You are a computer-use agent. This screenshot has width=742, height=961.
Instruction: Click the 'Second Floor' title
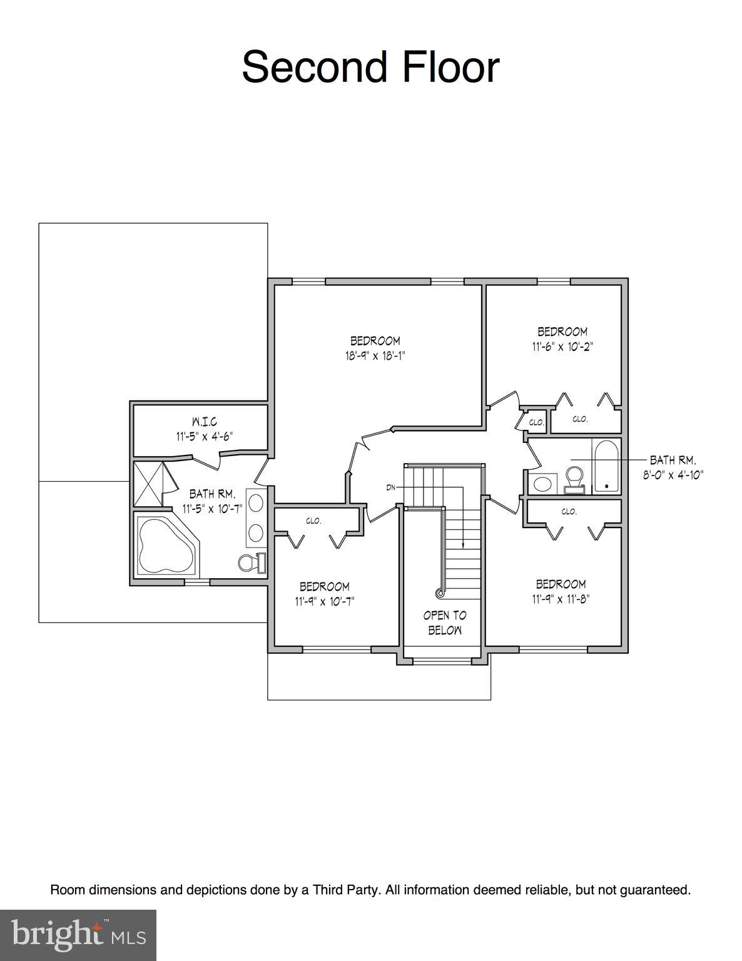370,67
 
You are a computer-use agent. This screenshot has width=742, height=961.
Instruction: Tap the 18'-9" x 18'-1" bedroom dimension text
375,356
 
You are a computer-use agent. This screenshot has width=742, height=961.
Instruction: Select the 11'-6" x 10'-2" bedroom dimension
562,347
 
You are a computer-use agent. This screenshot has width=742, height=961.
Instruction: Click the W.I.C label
205,422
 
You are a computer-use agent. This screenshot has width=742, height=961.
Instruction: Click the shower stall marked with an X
151,484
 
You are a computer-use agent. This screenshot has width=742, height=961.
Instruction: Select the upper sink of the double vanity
256,502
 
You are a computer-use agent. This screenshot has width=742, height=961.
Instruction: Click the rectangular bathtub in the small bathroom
606,467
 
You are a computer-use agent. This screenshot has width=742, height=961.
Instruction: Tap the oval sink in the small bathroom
543,484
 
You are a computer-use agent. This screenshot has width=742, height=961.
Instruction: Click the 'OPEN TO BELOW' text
445,623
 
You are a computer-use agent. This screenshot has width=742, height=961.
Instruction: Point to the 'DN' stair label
391,487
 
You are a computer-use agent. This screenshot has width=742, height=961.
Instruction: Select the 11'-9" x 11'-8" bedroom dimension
561,599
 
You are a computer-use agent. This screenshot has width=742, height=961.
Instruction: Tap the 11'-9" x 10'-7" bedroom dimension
325,601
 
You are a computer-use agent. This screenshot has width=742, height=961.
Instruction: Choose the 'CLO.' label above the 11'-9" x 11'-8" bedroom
569,511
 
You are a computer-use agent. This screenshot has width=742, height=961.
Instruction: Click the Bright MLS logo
78,935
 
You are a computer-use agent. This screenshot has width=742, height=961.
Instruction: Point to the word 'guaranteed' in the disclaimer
654,890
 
